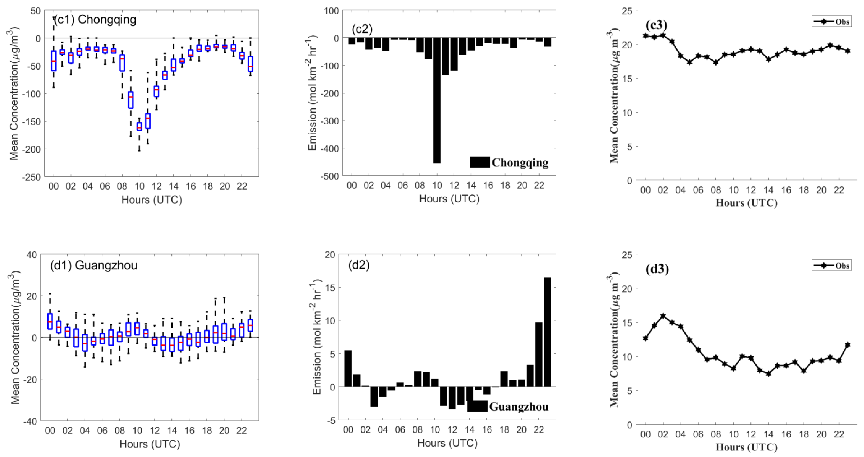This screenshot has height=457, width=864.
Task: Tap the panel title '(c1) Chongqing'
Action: click(x=95, y=20)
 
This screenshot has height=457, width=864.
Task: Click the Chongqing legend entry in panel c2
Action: click(x=509, y=162)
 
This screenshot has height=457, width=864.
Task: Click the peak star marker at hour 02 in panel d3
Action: click(x=663, y=316)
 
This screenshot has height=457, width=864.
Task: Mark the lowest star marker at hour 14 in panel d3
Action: click(x=768, y=374)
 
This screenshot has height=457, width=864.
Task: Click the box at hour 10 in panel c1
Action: click(x=139, y=126)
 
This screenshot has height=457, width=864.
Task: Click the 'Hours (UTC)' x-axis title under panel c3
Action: click(x=746, y=203)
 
